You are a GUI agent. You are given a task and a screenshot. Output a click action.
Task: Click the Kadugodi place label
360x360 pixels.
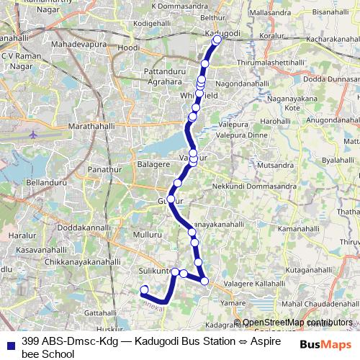(221, 33)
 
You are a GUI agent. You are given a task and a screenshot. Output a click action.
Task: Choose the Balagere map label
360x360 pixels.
(153, 164)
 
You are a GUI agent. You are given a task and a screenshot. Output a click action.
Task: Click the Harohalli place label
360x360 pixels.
(274, 122)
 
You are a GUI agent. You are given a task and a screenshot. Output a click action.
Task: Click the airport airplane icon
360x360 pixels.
(33, 134)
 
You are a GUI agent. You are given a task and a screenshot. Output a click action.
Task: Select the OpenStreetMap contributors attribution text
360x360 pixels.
(297, 322)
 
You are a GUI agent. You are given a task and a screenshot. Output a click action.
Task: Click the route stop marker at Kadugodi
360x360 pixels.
(217, 40)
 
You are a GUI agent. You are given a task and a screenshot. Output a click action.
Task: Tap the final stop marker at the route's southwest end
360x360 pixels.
(144, 290)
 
